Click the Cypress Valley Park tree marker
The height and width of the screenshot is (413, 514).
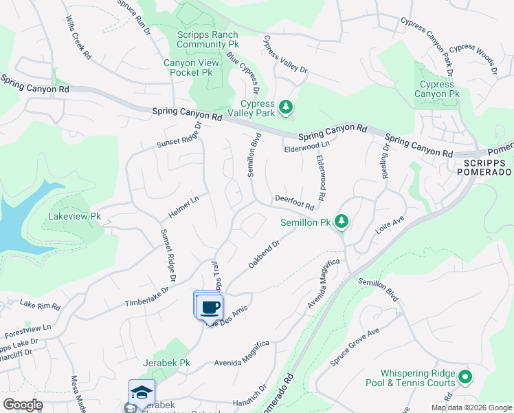coord(287,108)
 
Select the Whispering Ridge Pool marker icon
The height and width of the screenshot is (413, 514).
coord(465,377)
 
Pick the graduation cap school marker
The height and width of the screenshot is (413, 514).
coord(142,392)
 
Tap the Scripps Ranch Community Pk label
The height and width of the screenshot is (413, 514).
coord(207,40)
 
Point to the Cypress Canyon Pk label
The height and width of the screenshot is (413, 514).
coord(439,89)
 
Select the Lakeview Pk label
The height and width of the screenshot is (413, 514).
coord(75,216)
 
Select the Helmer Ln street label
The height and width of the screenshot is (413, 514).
coord(183,204)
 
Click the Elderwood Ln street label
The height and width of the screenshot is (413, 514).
coord(306,146)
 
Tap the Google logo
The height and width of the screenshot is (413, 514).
coord(23,405)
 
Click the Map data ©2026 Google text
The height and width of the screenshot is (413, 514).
coord(471,407)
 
